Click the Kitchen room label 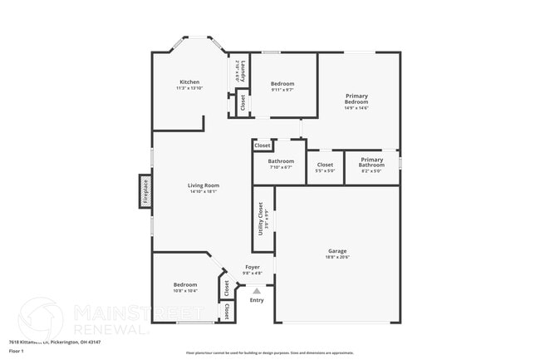(189, 82)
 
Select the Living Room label (203, 185)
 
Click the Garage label (337, 251)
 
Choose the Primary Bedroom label (357, 99)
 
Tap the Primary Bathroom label (371, 162)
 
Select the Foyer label (252, 267)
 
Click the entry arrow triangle (257, 291)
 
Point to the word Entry (257, 300)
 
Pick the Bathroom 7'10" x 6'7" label (281, 161)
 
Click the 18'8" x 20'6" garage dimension (337, 258)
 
